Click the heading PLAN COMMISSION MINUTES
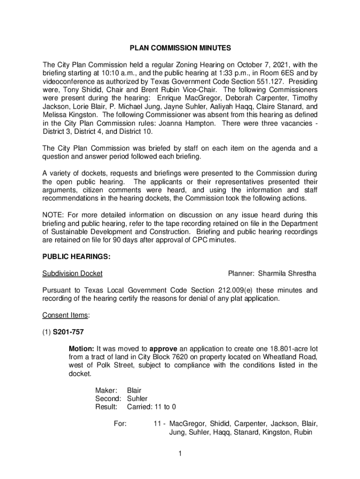(180, 48)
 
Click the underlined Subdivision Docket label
(72, 273)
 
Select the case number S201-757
(68, 332)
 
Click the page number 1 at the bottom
(180, 453)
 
